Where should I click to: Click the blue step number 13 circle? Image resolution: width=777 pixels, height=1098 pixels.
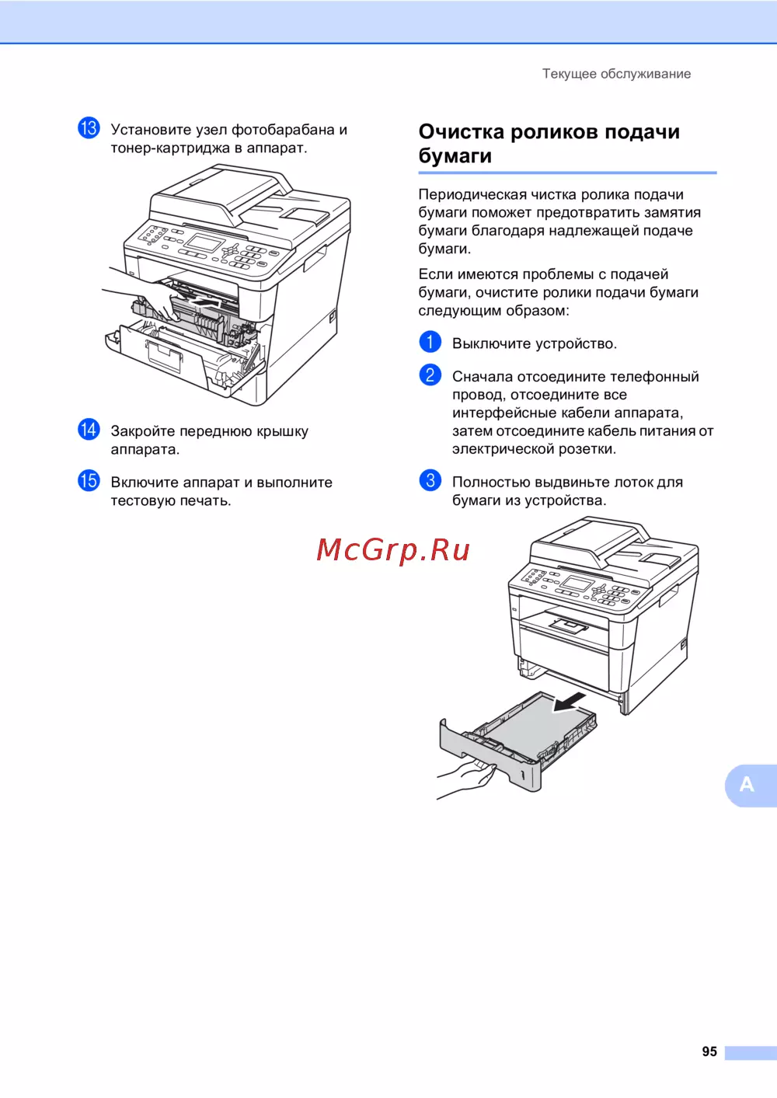[x=89, y=128]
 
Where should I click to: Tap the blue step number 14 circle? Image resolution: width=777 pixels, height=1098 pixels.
[x=89, y=430]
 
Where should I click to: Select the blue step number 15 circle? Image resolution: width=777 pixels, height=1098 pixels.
[x=89, y=481]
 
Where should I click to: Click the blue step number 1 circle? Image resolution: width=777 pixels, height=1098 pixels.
[x=430, y=342]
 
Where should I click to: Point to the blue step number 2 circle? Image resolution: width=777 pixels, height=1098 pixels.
[x=430, y=375]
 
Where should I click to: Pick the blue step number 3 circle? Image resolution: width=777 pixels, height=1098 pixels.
[x=430, y=481]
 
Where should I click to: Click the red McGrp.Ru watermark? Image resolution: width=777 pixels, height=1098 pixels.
[x=393, y=550]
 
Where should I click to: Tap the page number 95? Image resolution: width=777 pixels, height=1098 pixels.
[x=709, y=1051]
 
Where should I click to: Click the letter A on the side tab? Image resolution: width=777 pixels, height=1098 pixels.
[x=747, y=784]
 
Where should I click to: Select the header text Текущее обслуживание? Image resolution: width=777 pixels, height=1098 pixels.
[x=616, y=74]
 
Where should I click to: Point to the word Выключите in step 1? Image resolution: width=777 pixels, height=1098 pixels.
[x=491, y=343]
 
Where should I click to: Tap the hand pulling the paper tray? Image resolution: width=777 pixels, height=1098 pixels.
[x=465, y=777]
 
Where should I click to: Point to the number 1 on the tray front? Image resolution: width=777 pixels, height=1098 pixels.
[x=523, y=776]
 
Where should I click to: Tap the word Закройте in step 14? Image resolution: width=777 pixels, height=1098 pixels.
[x=143, y=431]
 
